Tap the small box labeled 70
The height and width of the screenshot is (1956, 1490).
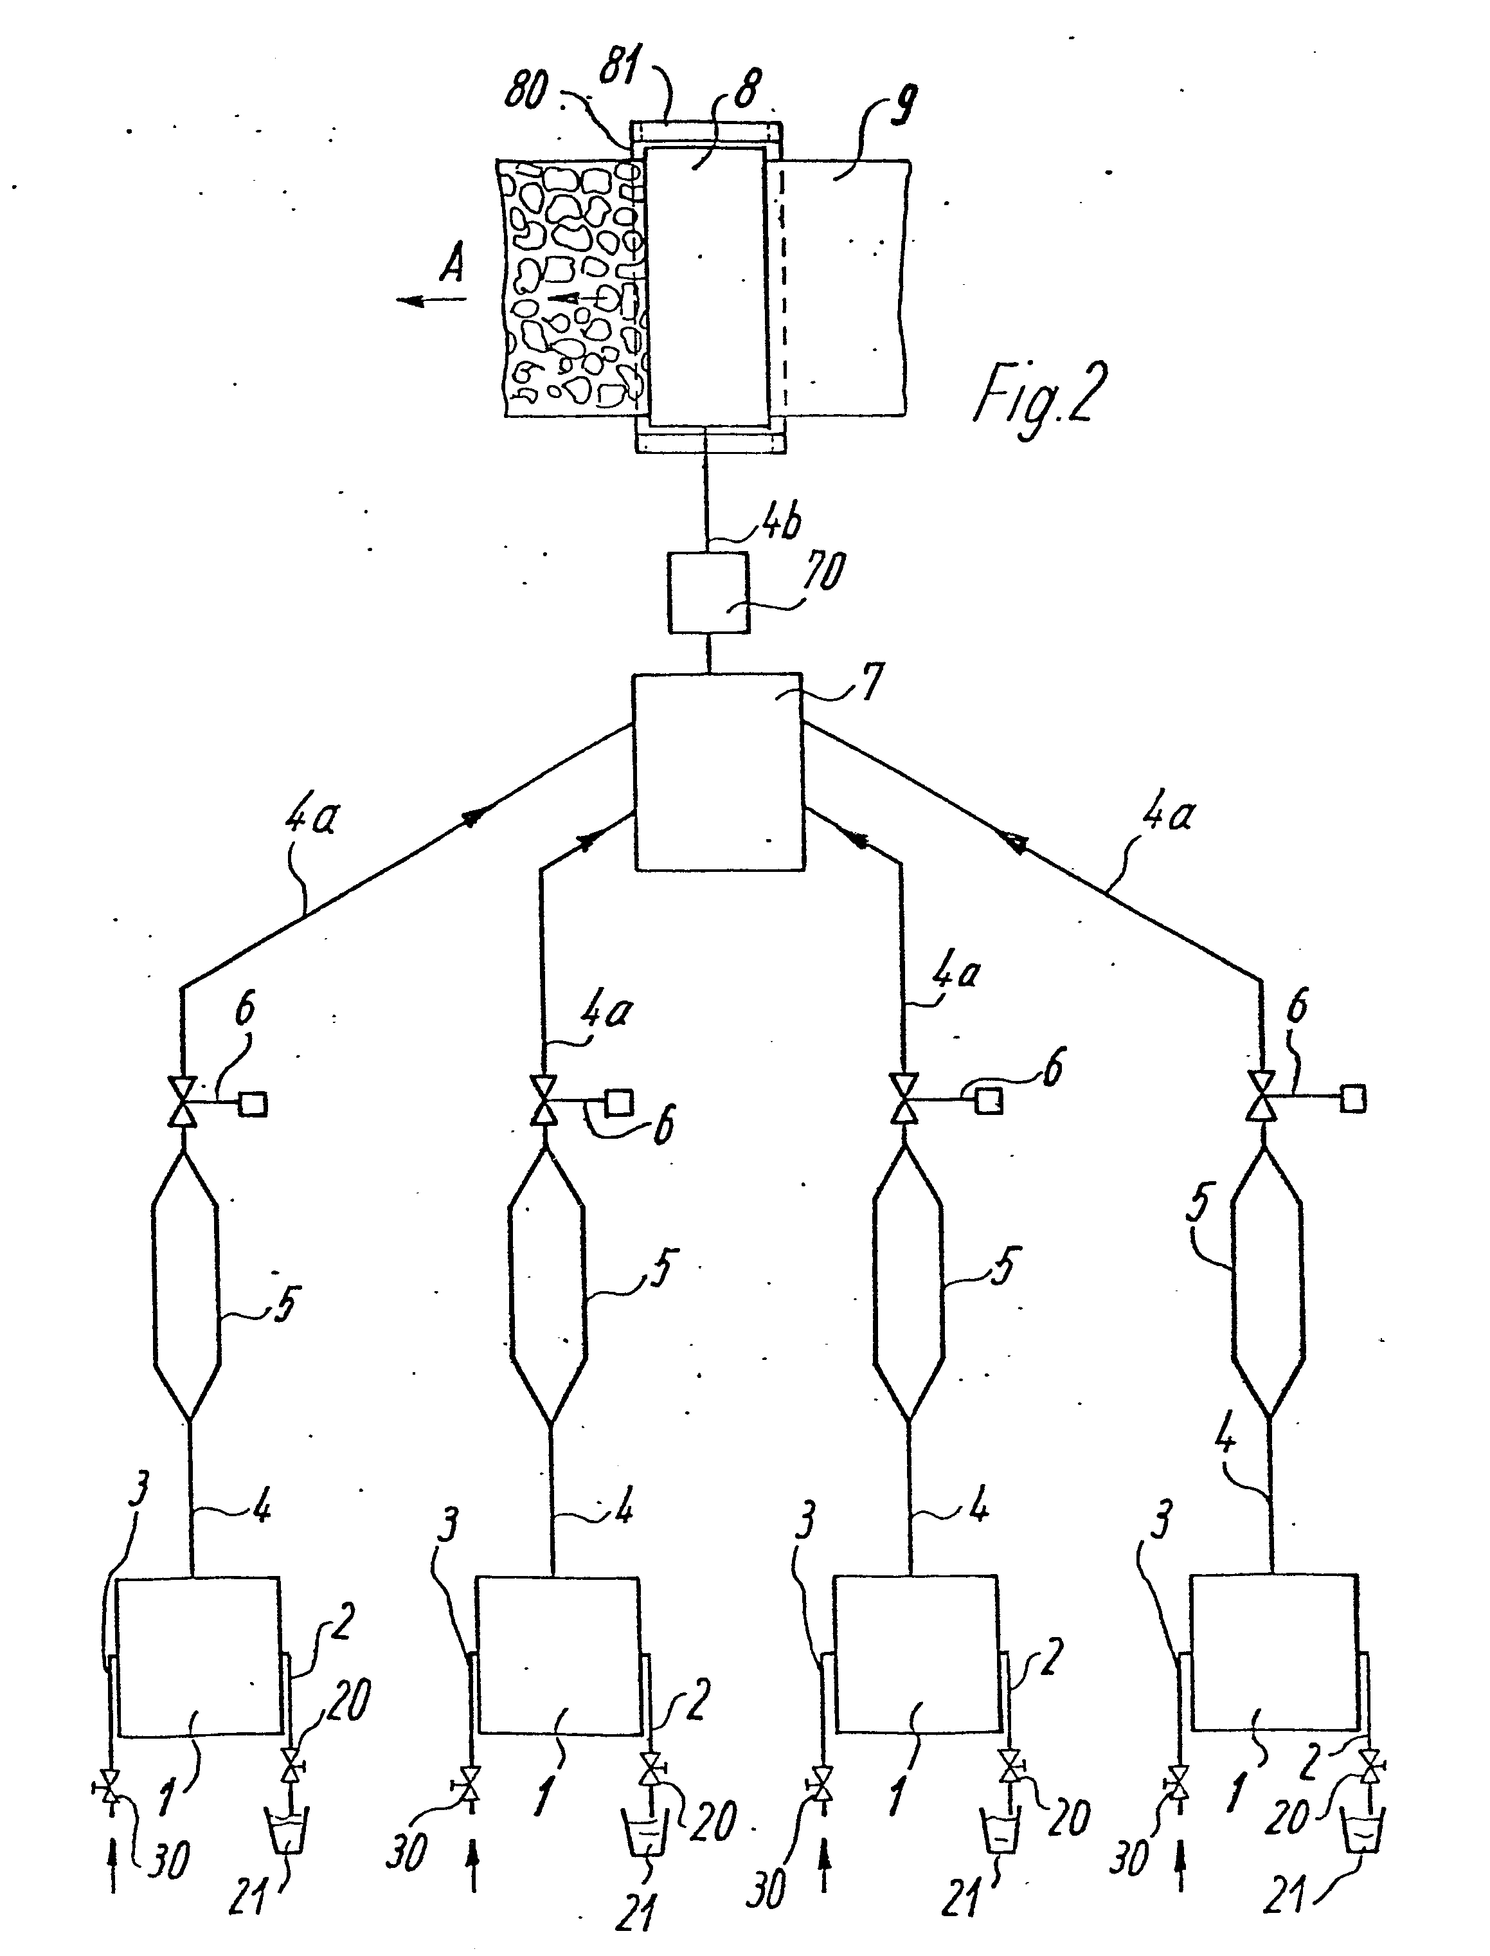tap(707, 593)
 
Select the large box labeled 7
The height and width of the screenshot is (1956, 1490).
tap(717, 770)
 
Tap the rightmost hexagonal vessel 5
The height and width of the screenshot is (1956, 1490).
tap(1269, 1283)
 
